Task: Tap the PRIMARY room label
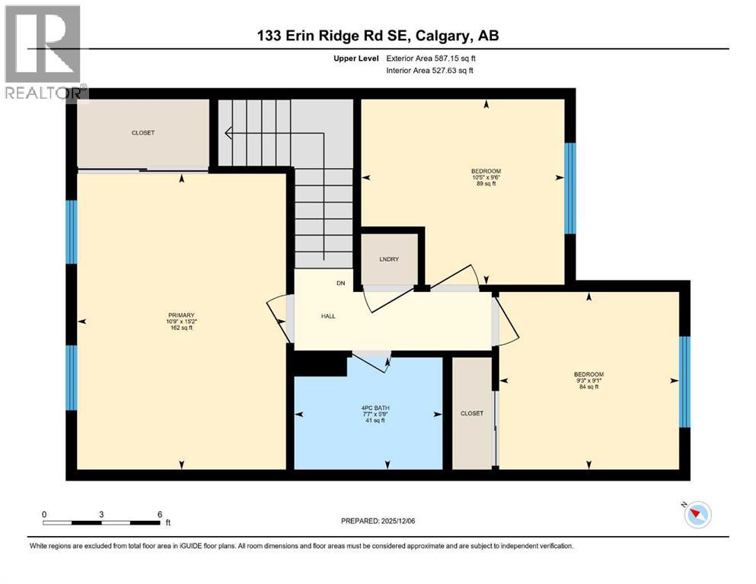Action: [x=182, y=316]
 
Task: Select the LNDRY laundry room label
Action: [x=389, y=259]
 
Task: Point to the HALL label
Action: [x=328, y=316]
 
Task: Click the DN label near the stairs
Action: [x=341, y=283]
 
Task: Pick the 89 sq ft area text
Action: [x=486, y=184]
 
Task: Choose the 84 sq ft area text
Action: [x=589, y=387]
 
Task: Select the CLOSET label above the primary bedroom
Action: [x=142, y=133]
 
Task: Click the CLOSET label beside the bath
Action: [x=471, y=414]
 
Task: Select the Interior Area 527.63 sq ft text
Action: [x=429, y=70]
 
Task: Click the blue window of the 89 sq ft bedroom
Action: [x=569, y=188]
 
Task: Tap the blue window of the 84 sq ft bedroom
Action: [x=684, y=382]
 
